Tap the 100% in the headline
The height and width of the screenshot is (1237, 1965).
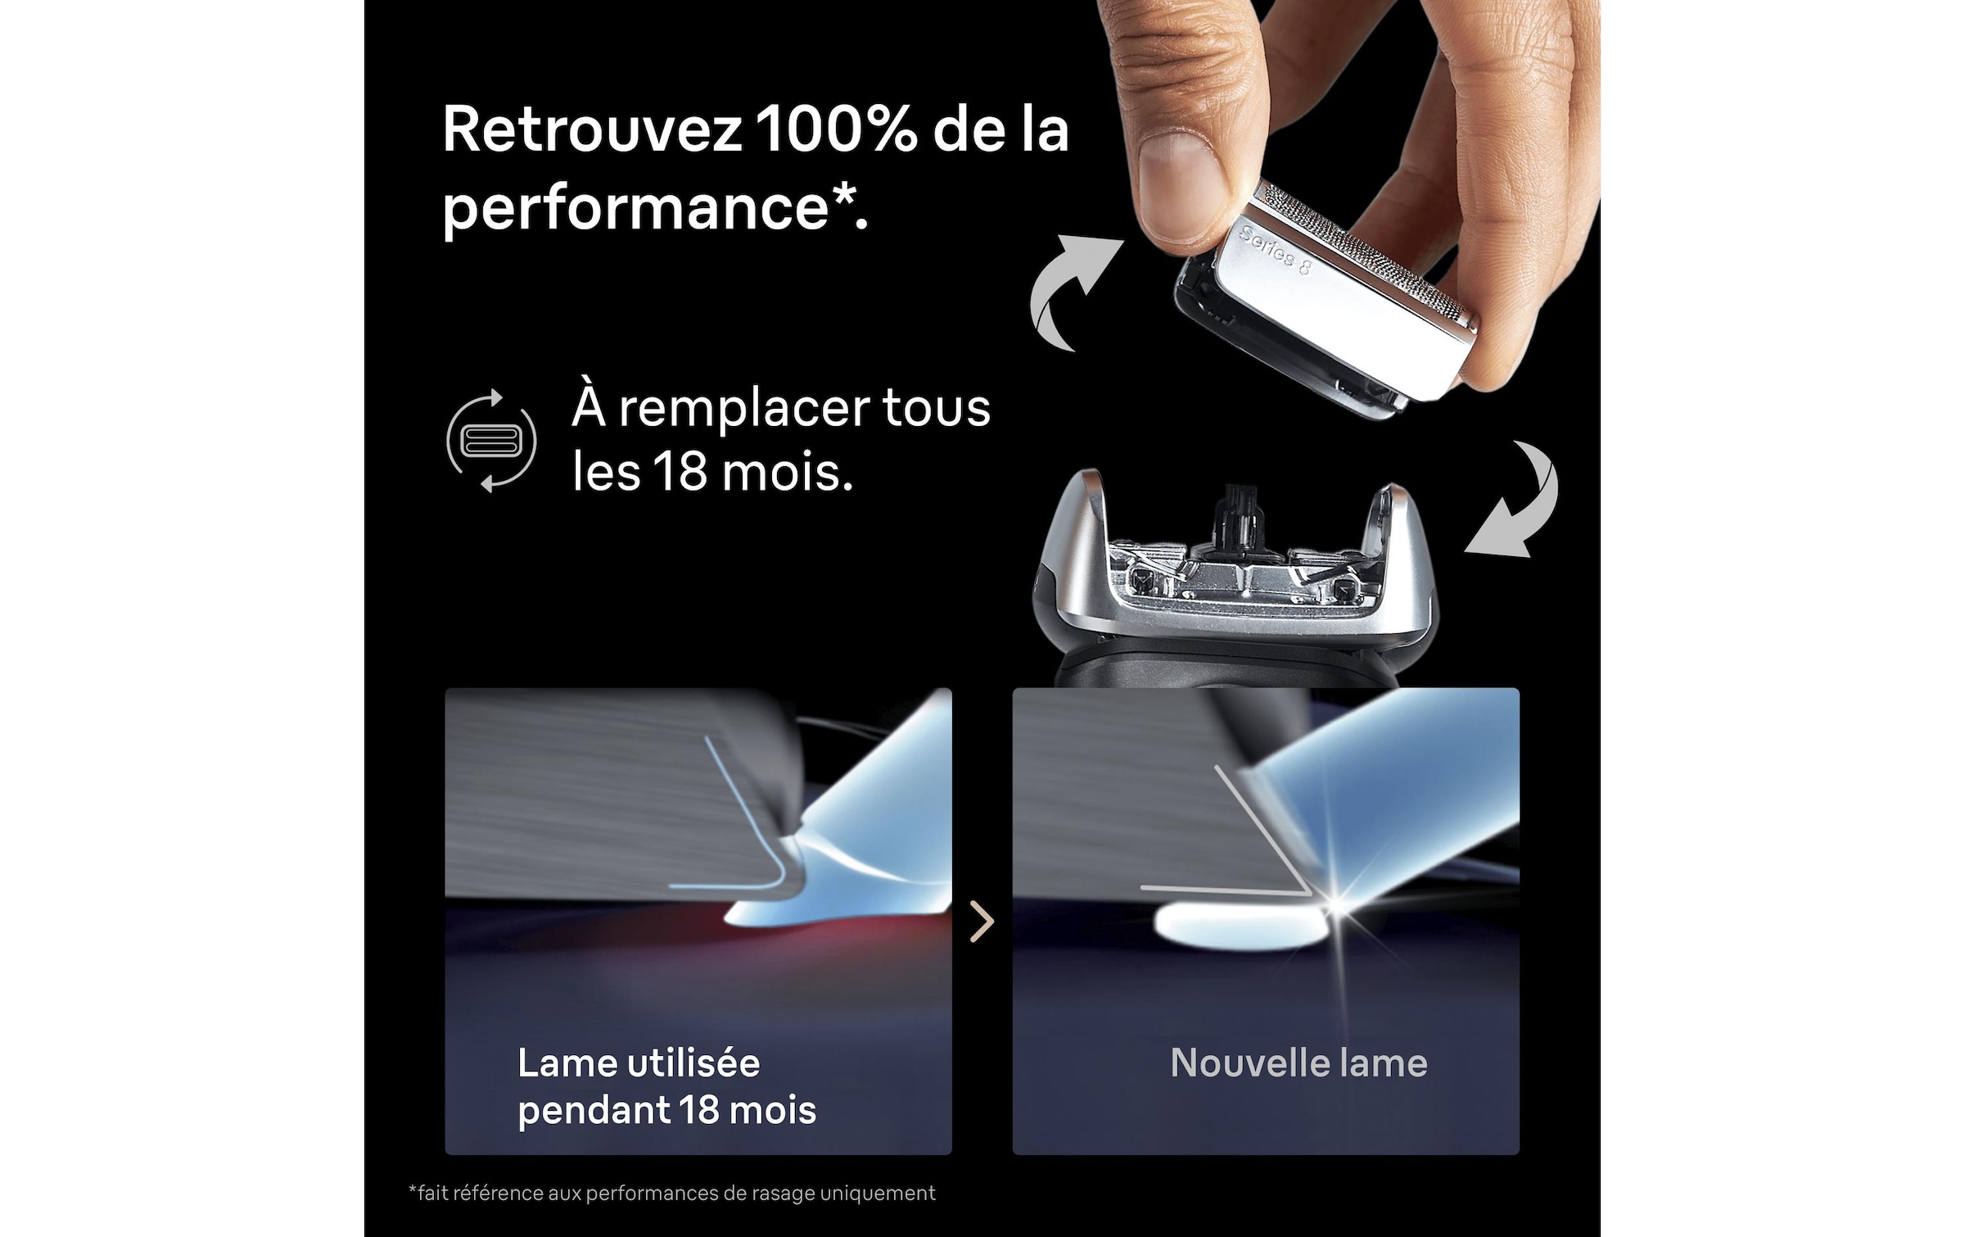coord(835,130)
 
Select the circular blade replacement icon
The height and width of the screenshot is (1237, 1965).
coord(491,441)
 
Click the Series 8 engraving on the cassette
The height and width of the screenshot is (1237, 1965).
coord(1275,250)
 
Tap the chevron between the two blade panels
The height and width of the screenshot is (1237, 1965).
coord(982,922)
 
